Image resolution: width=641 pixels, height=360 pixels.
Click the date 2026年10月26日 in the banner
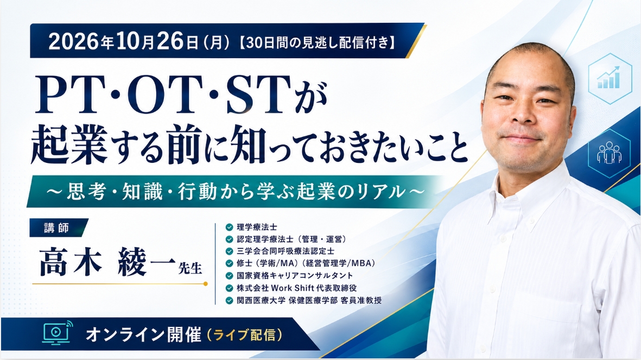[123, 42]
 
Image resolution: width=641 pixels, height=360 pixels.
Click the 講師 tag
[57, 228]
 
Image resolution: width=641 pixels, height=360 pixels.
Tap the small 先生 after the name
[190, 268]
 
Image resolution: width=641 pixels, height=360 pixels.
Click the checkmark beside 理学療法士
[230, 227]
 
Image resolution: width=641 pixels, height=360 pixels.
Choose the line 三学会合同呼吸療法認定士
[285, 251]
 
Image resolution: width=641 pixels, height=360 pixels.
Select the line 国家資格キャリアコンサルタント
[295, 275]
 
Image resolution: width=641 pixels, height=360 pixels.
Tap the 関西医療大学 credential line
[309, 300]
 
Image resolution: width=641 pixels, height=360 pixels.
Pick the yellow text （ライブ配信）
[245, 335]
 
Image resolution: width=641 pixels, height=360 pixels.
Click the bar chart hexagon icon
[610, 78]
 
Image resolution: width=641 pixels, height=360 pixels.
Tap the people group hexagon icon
[610, 153]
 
